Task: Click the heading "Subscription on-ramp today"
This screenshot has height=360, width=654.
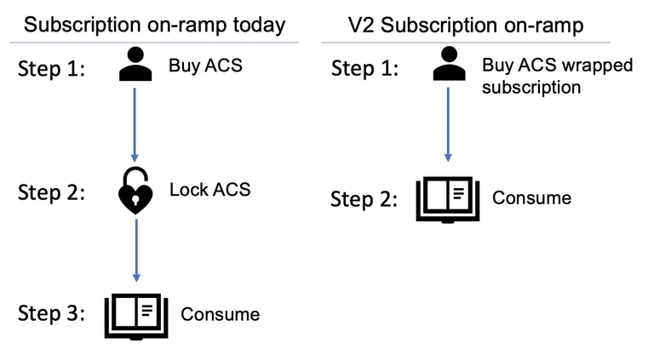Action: pos(154,26)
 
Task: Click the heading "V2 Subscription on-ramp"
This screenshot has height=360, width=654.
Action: pos(466,26)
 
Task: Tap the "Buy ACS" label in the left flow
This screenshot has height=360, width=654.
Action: pos(205,66)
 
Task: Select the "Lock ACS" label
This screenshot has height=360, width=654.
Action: pos(209,190)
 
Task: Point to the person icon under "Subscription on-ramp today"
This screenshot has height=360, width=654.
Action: pos(135,64)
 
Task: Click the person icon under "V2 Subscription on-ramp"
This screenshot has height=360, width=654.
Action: pos(450,63)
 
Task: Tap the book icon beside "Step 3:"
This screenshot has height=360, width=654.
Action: pos(136,317)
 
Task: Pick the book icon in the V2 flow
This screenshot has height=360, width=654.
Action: pos(448,200)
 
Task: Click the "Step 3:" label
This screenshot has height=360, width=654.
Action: pos(51,313)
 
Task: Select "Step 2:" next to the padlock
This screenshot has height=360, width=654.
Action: pos(51,192)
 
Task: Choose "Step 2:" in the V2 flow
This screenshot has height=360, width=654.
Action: pos(364,199)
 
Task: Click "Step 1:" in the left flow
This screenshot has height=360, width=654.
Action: pos(51,68)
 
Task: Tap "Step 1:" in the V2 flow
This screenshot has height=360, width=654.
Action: pos(364,68)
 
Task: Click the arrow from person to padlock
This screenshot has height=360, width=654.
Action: pos(135,124)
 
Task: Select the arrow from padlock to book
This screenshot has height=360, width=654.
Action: pos(136,251)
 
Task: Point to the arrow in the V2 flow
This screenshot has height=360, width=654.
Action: pos(448,124)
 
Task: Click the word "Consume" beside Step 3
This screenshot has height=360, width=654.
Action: pos(221,315)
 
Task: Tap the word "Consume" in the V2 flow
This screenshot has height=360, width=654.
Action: pos(531,198)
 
